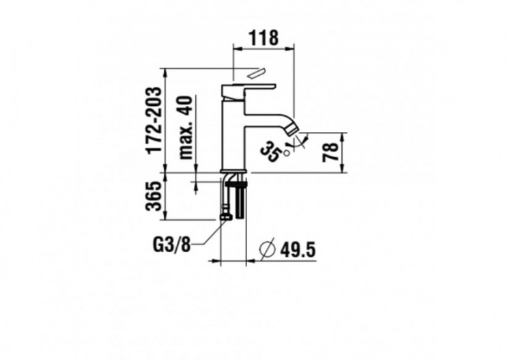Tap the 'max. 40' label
click(185, 128)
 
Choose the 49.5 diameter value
click(298, 250)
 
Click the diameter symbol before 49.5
click(267, 250)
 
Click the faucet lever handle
click(250, 87)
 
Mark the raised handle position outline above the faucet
click(257, 73)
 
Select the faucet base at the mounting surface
click(235, 171)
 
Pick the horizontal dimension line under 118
click(264, 47)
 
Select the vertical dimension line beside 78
click(341, 152)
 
